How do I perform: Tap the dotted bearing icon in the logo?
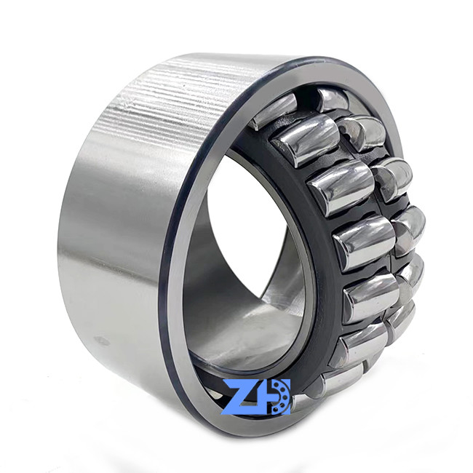[x=281, y=397]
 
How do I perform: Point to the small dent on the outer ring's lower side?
[x=100, y=341]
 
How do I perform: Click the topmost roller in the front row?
[x=274, y=111]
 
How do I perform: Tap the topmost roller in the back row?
[x=333, y=100]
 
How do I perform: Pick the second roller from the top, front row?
[x=306, y=140]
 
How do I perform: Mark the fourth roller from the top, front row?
[x=364, y=243]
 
